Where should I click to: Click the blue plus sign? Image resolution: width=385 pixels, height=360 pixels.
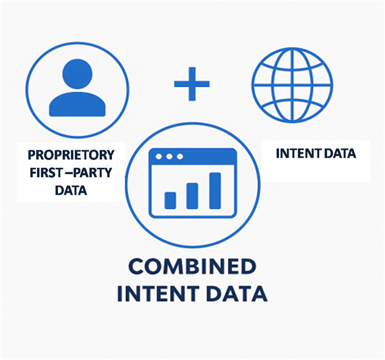[191, 84]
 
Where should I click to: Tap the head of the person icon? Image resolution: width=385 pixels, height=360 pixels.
[78, 73]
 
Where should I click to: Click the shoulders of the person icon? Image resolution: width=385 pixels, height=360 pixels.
[78, 104]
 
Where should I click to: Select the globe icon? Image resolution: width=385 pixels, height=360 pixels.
[292, 85]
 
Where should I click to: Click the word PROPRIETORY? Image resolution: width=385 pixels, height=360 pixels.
[71, 154]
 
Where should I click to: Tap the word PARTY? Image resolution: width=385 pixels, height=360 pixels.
[93, 173]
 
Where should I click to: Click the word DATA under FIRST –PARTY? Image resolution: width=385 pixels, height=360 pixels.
[71, 190]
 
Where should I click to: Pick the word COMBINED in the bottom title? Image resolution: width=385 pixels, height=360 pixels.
[192, 267]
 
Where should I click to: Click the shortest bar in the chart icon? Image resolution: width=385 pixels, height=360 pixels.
[170, 201]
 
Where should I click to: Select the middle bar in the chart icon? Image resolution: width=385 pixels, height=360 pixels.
[192, 196]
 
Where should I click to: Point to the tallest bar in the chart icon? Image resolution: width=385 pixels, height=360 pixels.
[215, 191]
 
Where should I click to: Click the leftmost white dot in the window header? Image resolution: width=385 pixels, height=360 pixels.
[158, 156]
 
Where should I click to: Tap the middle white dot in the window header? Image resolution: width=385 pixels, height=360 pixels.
[169, 156]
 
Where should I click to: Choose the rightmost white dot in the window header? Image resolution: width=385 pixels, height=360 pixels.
[180, 156]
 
